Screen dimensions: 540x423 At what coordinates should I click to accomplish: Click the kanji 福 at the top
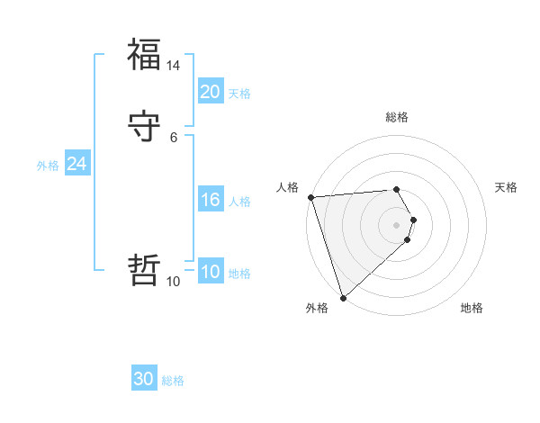click(x=145, y=54)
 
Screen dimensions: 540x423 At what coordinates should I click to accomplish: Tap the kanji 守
click(x=145, y=127)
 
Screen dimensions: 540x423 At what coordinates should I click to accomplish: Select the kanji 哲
click(x=145, y=270)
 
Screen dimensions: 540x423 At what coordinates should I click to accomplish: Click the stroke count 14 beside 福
click(x=174, y=66)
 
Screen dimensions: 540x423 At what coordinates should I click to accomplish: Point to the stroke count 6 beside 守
click(x=174, y=138)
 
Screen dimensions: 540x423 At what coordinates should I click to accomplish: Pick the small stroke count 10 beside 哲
click(x=174, y=282)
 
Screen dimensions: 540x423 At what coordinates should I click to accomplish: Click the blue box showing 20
click(x=210, y=92)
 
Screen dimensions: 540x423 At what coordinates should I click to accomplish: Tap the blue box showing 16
click(x=210, y=200)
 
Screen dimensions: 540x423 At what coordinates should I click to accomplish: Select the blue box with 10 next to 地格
click(x=210, y=272)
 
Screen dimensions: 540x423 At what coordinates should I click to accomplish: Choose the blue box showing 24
click(x=77, y=164)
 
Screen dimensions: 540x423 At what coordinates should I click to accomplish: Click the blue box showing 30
click(x=144, y=379)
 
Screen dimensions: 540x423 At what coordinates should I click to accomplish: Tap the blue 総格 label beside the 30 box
click(x=173, y=381)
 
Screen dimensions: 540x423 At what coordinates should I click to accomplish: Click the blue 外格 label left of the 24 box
click(x=48, y=166)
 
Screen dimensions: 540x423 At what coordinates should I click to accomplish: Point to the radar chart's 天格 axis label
click(x=506, y=187)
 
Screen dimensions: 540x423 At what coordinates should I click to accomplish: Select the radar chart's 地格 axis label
click(x=472, y=308)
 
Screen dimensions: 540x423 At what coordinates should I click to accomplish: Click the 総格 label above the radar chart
click(x=397, y=117)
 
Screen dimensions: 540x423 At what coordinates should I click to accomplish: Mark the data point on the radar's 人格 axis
click(x=310, y=197)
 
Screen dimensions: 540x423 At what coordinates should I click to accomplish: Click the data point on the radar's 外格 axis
click(x=343, y=297)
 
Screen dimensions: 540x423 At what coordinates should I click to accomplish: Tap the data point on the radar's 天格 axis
click(x=413, y=220)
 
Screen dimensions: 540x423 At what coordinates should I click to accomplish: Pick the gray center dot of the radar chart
click(x=397, y=225)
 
